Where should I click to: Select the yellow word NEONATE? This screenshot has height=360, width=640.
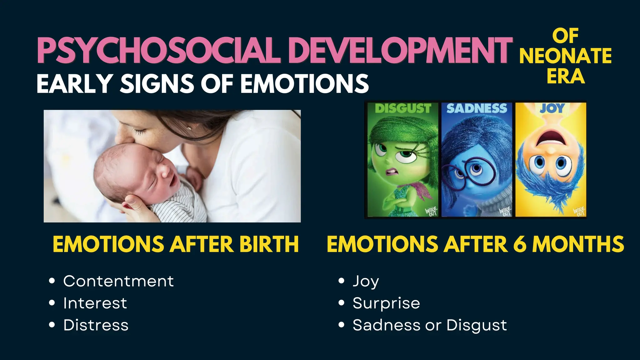click(x=565, y=56)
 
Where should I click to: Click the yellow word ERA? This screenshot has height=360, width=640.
click(x=566, y=76)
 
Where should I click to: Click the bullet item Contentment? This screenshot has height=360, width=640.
click(x=118, y=281)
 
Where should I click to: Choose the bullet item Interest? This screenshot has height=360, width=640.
click(x=95, y=303)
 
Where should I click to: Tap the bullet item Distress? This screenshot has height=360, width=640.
click(x=96, y=325)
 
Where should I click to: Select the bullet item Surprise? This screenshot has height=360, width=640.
click(x=386, y=303)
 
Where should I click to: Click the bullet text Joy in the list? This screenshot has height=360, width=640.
click(x=366, y=281)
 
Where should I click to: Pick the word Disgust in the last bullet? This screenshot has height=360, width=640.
click(x=477, y=325)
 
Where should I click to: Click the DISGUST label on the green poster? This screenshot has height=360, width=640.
click(x=403, y=108)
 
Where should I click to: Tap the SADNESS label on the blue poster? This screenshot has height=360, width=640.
click(x=477, y=108)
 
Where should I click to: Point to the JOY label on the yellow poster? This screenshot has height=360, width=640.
click(x=552, y=108)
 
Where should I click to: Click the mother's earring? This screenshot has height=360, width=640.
click(x=189, y=128)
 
